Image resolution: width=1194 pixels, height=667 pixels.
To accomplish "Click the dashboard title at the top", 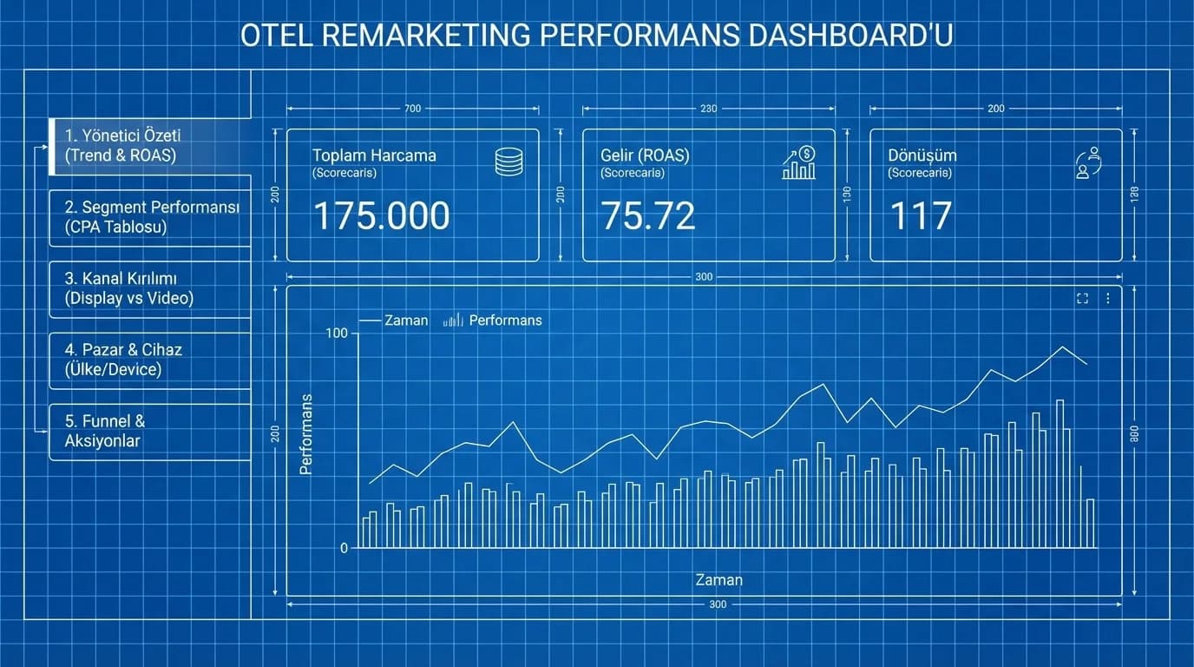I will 596,36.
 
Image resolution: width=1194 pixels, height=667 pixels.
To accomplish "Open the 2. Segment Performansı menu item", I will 151,217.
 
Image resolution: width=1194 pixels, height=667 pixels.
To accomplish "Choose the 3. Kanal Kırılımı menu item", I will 129,288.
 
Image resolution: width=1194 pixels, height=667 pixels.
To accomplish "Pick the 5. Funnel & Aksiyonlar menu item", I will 104,431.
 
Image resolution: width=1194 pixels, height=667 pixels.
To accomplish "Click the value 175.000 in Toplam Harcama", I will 381,216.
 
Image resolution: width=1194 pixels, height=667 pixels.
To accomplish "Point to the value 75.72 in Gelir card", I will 647,216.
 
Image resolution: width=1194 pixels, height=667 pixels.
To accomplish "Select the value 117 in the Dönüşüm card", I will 921,216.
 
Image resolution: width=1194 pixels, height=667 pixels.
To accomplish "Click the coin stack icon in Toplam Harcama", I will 508,162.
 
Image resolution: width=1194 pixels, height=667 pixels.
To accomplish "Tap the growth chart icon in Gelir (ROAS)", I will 799,162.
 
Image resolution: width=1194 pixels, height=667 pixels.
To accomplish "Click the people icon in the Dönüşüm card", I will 1087,162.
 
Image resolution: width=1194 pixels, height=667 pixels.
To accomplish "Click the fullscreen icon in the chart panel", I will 1082,299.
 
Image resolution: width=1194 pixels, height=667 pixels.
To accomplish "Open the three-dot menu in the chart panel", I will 1108,299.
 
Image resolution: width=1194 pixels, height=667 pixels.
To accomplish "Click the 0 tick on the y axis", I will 344,548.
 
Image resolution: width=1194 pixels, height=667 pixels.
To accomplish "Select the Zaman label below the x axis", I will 718,580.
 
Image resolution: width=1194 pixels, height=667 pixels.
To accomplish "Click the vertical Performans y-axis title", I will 305,434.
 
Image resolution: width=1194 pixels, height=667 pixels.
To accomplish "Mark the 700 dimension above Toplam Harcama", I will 412,109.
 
